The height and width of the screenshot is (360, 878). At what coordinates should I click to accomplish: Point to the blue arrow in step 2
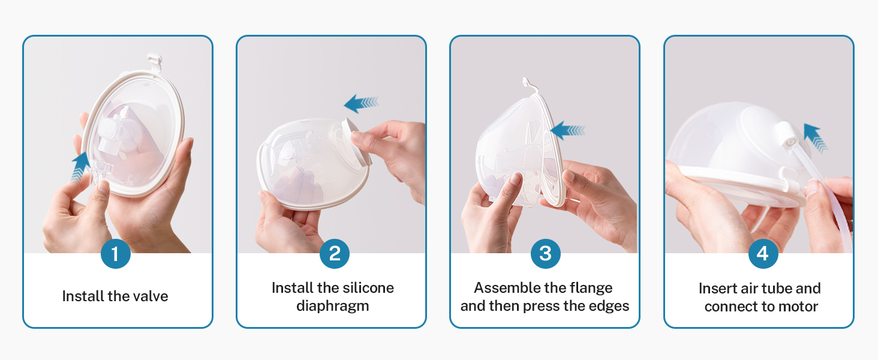[360, 103]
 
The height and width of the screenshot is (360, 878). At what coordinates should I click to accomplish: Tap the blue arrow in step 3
[567, 130]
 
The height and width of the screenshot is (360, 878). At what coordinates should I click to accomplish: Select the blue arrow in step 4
[814, 137]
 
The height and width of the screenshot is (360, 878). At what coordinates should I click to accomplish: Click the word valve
[149, 296]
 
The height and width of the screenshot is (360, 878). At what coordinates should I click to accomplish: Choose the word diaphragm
[332, 306]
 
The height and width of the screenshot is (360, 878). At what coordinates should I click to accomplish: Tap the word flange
[591, 288]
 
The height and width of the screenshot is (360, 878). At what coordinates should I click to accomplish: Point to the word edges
[610, 306]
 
